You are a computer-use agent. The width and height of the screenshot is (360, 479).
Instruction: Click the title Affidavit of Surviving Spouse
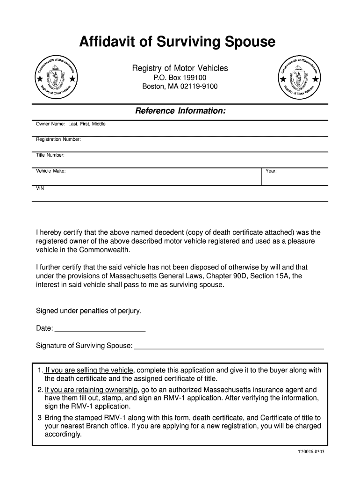click(177, 43)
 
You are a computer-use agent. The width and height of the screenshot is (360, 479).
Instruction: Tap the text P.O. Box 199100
click(180, 77)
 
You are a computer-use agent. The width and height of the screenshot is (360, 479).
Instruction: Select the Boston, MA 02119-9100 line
click(180, 87)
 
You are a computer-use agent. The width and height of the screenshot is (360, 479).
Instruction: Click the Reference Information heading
click(180, 111)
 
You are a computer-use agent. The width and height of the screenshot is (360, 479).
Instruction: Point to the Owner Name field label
click(71, 124)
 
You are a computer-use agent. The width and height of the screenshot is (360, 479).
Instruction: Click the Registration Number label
click(58, 139)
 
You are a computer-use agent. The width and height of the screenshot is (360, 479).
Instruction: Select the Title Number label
click(50, 155)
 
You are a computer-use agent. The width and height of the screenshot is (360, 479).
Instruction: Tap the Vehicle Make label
click(50, 171)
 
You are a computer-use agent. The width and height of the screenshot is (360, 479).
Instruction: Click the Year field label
click(271, 171)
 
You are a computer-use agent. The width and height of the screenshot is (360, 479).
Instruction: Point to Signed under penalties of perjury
click(88, 311)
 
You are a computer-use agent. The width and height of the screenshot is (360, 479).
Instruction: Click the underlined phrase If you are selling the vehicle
click(89, 370)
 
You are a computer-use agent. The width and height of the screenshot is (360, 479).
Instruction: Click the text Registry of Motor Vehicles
click(180, 68)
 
